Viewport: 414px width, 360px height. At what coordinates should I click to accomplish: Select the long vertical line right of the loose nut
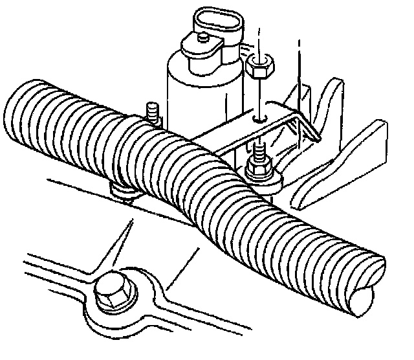299,71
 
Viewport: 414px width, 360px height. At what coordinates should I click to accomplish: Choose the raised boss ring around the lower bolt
129,304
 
